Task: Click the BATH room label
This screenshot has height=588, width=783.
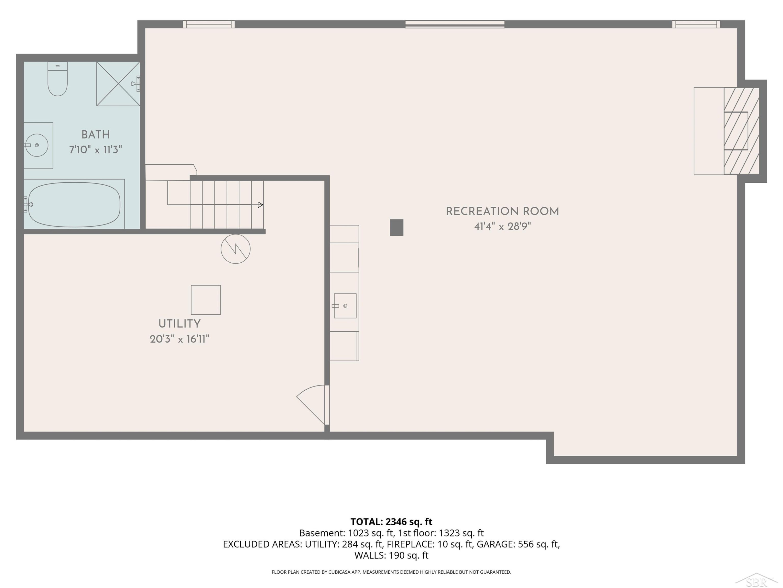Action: [96, 135]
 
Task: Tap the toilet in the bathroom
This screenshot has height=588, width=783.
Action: [57, 79]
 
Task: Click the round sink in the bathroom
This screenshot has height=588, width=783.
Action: [37, 145]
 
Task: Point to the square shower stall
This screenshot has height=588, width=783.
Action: [118, 84]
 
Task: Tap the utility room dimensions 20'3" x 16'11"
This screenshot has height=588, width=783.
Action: [180, 339]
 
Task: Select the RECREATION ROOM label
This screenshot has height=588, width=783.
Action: [502, 212]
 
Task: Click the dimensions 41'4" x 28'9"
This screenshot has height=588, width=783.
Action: [502, 227]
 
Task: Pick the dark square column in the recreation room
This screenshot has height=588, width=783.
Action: [396, 228]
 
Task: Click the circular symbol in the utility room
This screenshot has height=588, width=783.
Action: [236, 249]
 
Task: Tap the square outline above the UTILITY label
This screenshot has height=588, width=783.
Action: [206, 300]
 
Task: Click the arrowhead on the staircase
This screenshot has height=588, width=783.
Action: [260, 205]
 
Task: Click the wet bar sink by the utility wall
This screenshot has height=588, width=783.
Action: [345, 305]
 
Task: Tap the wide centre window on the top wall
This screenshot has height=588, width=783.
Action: [455, 24]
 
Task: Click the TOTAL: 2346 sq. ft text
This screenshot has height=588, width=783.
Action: [391, 521]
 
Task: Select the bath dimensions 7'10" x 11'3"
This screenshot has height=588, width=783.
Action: [96, 149]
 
